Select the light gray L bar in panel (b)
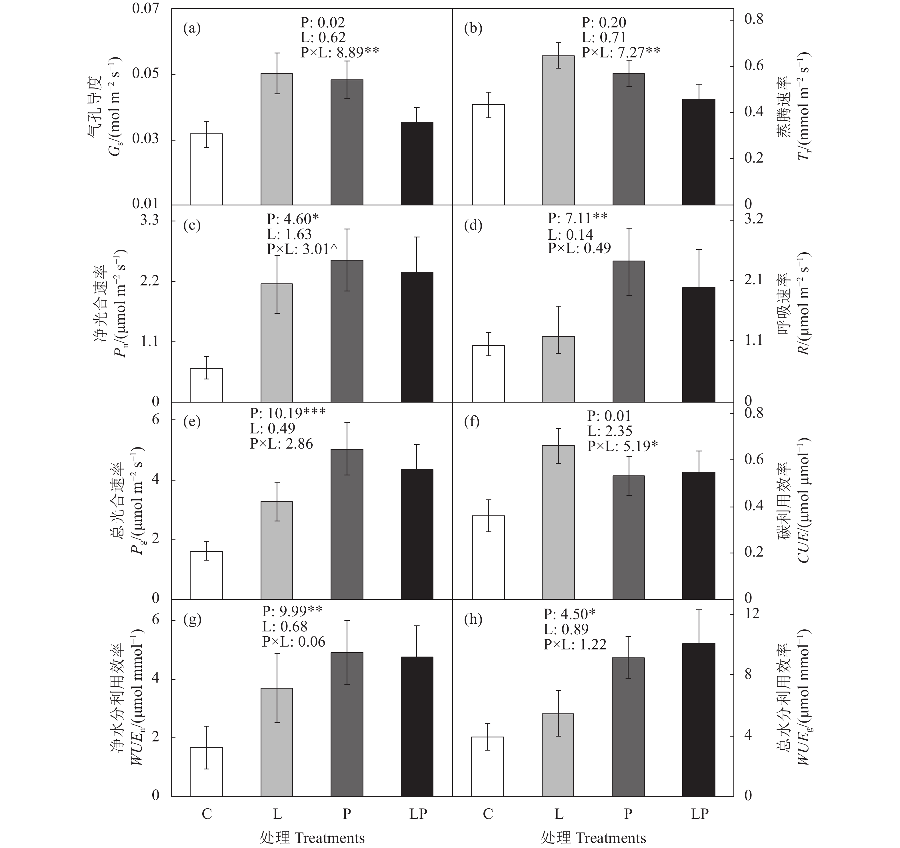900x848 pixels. (558, 130)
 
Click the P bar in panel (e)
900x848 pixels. (347, 524)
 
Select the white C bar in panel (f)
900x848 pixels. (488, 557)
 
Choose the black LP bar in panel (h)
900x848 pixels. (699, 720)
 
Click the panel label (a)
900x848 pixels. (191, 29)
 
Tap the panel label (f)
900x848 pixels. (473, 422)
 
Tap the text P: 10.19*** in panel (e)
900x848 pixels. (287, 413)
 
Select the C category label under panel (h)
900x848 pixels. (488, 814)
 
